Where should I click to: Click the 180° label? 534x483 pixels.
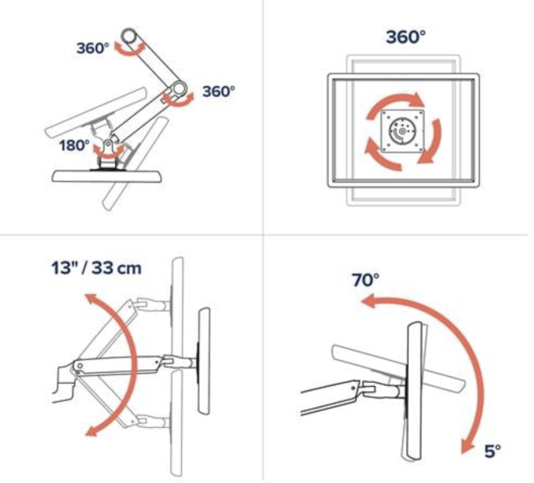tap(74, 145)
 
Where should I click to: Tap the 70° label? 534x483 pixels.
tap(365, 280)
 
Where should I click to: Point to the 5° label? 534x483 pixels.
tap(492, 451)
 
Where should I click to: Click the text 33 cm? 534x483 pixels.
tap(117, 267)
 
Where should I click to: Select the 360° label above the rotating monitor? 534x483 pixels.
tap(406, 37)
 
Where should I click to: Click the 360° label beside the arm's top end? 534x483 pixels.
tap(93, 48)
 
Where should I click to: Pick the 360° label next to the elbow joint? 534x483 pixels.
tap(219, 91)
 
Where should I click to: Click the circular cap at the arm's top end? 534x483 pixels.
tap(130, 35)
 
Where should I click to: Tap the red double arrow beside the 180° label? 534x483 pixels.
tap(108, 152)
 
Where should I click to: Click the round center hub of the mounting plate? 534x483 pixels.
tap(402, 131)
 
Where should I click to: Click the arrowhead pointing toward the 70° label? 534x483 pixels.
tap(369, 302)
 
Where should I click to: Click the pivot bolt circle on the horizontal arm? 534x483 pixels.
tap(80, 366)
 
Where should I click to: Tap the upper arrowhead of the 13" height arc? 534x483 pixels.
tap(91, 299)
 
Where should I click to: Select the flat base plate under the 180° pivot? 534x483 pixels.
tap(108, 176)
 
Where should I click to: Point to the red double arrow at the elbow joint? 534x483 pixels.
tap(177, 99)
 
